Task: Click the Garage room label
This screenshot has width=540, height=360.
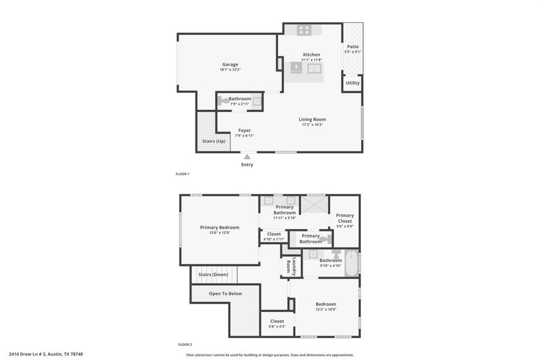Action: coord(230,64)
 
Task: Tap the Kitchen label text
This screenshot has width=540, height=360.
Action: coord(311,55)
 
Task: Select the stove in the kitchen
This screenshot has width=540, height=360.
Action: coord(304,29)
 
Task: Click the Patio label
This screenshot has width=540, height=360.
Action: coord(353,46)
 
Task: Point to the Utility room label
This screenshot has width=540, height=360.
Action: coord(353,83)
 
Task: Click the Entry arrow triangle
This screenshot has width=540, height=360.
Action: coord(247,157)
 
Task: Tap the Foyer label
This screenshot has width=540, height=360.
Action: coord(244,130)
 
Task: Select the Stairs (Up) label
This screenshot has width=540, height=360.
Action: coord(214,141)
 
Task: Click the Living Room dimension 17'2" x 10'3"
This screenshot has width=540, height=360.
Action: coord(312,125)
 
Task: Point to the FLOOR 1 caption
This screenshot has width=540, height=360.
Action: coord(182,174)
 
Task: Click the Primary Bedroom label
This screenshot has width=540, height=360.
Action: coord(220,227)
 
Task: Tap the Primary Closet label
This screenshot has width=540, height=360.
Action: coord(345,218)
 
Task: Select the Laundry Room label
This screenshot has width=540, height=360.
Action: coord(291,266)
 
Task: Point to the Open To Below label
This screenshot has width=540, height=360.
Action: coord(226,293)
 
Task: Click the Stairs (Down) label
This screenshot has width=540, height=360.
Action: coord(213,274)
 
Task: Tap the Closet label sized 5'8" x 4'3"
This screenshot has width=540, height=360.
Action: coord(277,321)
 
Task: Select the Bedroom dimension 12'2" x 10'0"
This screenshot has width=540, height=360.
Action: coord(326,310)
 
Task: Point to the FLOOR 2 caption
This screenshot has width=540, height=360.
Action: coord(185,344)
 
